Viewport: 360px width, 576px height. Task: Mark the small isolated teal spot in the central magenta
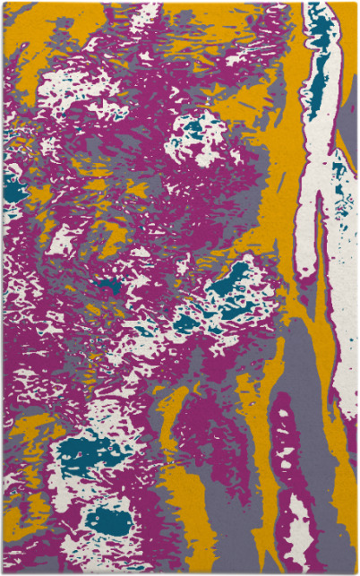point(110,287)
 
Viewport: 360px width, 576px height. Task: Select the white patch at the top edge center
point(143,13)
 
